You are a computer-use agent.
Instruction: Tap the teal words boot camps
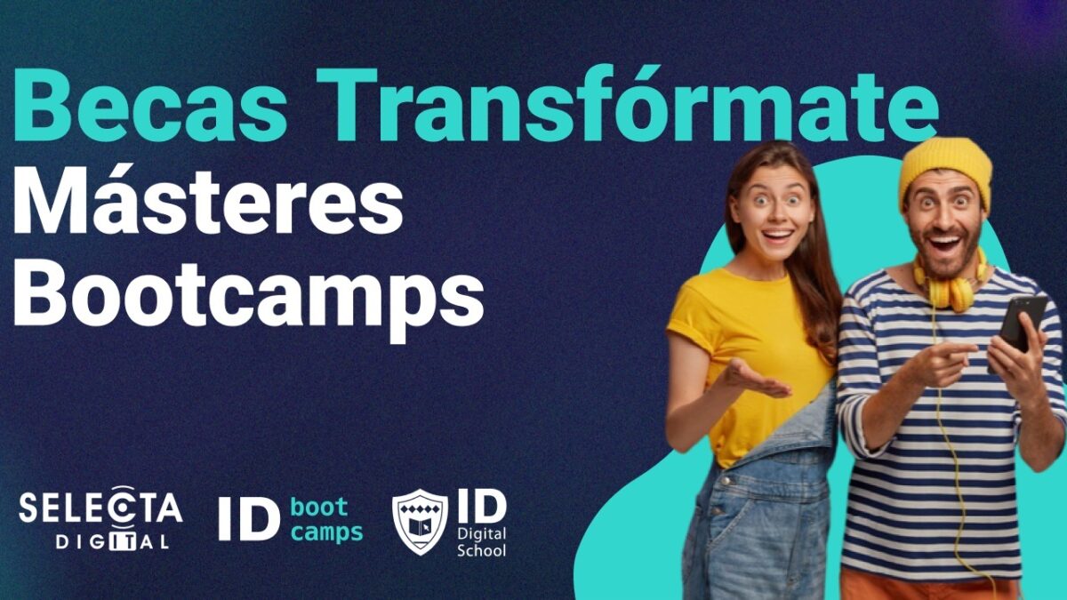[326, 520]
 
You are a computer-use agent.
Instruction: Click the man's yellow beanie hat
[944, 169]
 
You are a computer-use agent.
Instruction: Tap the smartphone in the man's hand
[1020, 324]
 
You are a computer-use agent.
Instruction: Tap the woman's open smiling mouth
[776, 236]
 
